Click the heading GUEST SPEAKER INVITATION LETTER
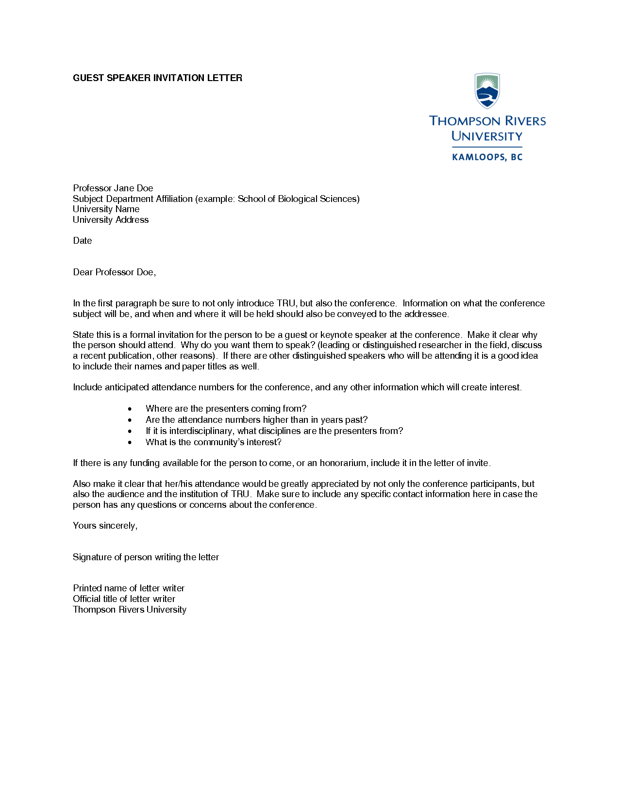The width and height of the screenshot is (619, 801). (157, 78)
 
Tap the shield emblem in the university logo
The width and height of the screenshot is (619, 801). (487, 91)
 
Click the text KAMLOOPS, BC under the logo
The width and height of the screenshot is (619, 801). (487, 157)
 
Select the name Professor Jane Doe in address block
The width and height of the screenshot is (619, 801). (113, 188)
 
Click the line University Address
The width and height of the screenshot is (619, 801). (111, 220)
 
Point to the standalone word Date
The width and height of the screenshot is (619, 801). (83, 241)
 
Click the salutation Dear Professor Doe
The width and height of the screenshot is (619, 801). (114, 272)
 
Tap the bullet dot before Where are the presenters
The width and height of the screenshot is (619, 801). (130, 409)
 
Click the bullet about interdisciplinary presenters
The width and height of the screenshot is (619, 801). (274, 431)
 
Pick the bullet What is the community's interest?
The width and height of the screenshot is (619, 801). (213, 442)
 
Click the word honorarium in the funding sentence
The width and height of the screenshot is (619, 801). (344, 463)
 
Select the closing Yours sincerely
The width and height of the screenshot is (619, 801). (105, 526)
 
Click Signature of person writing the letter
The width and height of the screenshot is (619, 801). (146, 557)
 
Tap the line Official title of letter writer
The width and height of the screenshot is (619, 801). (124, 599)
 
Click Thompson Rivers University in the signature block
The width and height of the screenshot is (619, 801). (129, 610)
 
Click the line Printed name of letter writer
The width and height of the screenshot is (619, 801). (129, 588)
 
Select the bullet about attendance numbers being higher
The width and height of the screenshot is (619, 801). (256, 420)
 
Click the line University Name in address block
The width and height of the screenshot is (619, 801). (106, 209)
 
